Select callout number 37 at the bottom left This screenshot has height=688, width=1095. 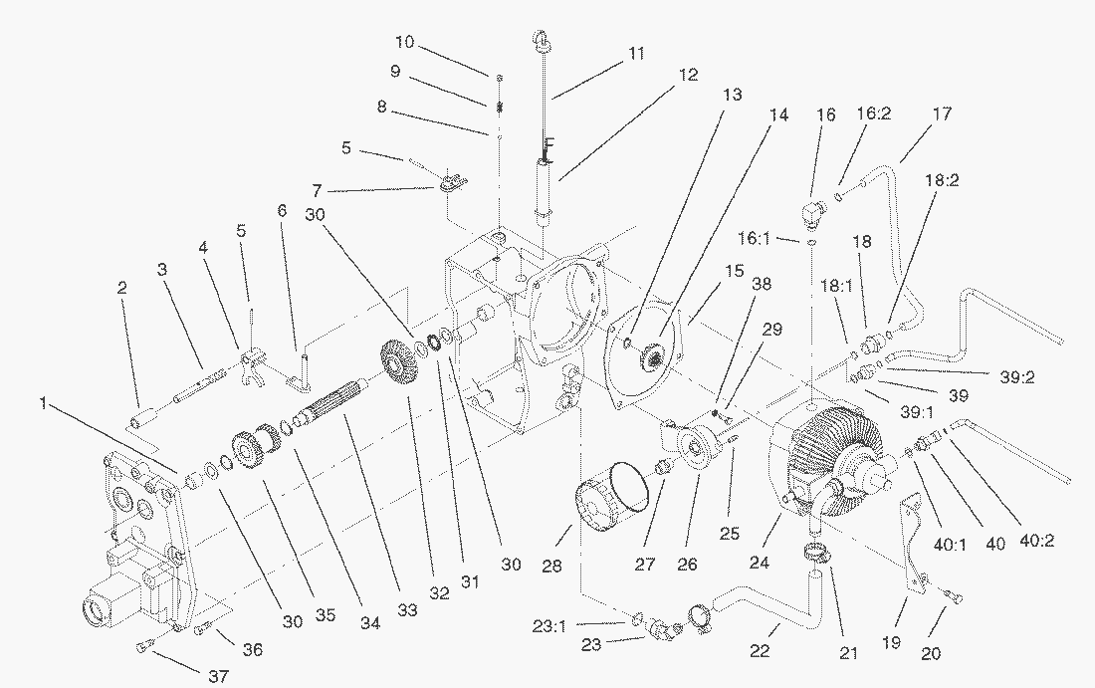tap(218, 676)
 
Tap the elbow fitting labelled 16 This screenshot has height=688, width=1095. tap(813, 211)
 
